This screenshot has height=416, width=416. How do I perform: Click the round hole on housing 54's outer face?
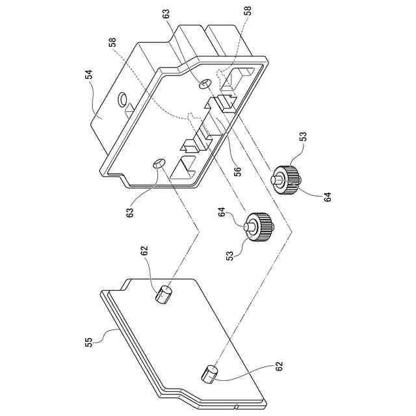tap(121, 99)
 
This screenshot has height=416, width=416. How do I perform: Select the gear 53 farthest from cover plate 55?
tap(288, 177)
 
